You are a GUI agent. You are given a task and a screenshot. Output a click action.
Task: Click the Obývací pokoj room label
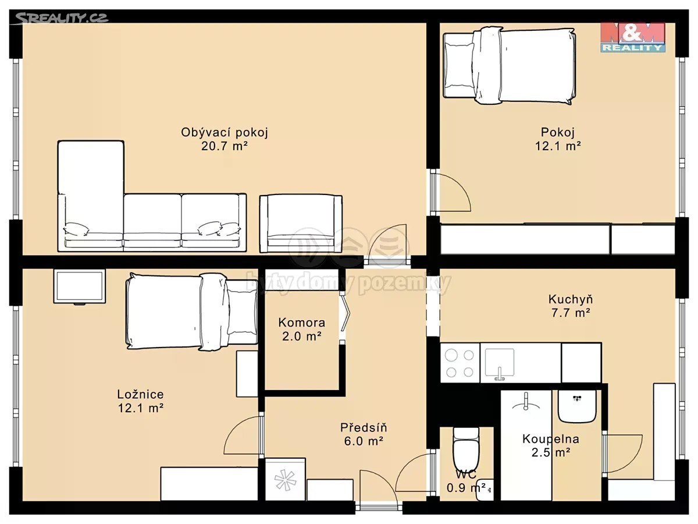[x=225, y=132]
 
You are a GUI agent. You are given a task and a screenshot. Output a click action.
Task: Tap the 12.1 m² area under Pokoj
[x=558, y=146]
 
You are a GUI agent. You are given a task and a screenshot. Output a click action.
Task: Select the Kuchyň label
[x=571, y=299]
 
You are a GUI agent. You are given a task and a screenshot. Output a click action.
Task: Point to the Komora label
[x=302, y=323]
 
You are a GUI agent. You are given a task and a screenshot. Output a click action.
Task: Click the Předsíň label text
[x=364, y=427]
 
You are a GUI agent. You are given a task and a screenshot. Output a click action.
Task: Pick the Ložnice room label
[x=141, y=395]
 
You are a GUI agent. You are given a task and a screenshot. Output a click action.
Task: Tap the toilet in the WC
[x=466, y=448]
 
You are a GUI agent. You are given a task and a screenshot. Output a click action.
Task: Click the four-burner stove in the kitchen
[x=460, y=363]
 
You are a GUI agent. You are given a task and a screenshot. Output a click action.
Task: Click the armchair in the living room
[x=301, y=224]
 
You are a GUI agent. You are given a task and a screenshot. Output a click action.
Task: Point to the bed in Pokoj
[x=510, y=66]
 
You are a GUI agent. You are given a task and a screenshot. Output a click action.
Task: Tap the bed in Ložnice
[x=192, y=311]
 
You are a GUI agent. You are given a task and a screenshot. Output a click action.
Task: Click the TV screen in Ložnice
[x=80, y=286]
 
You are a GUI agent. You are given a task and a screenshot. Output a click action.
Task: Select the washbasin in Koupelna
[x=577, y=406]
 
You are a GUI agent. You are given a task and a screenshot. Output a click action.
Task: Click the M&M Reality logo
[x=633, y=37]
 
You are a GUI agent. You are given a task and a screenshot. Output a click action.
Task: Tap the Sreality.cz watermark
[x=61, y=18]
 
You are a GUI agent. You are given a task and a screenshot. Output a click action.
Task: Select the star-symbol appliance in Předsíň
[x=285, y=479]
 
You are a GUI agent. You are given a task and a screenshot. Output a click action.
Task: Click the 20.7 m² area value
[x=225, y=146]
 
